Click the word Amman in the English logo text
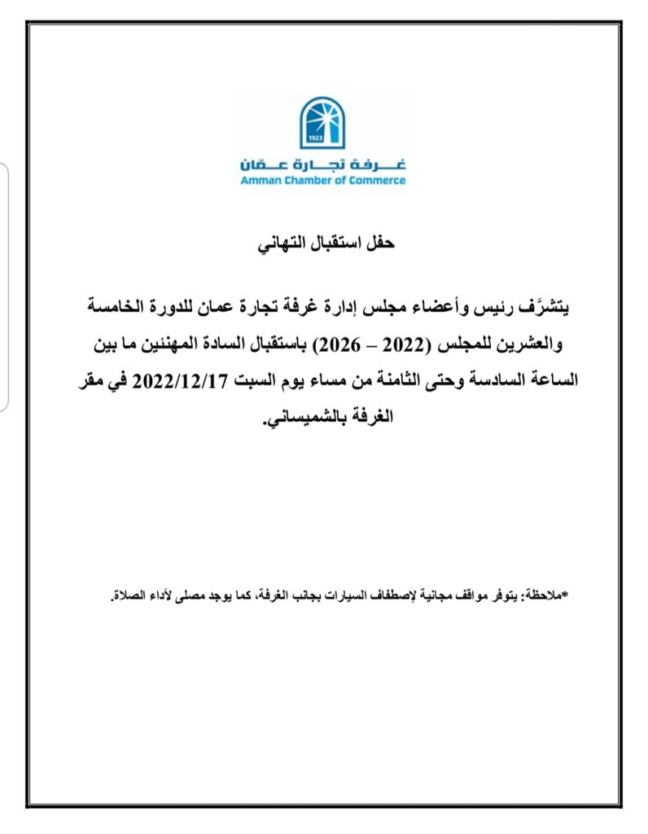pyautogui.click(x=259, y=180)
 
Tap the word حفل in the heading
pyautogui.click(x=379, y=244)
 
